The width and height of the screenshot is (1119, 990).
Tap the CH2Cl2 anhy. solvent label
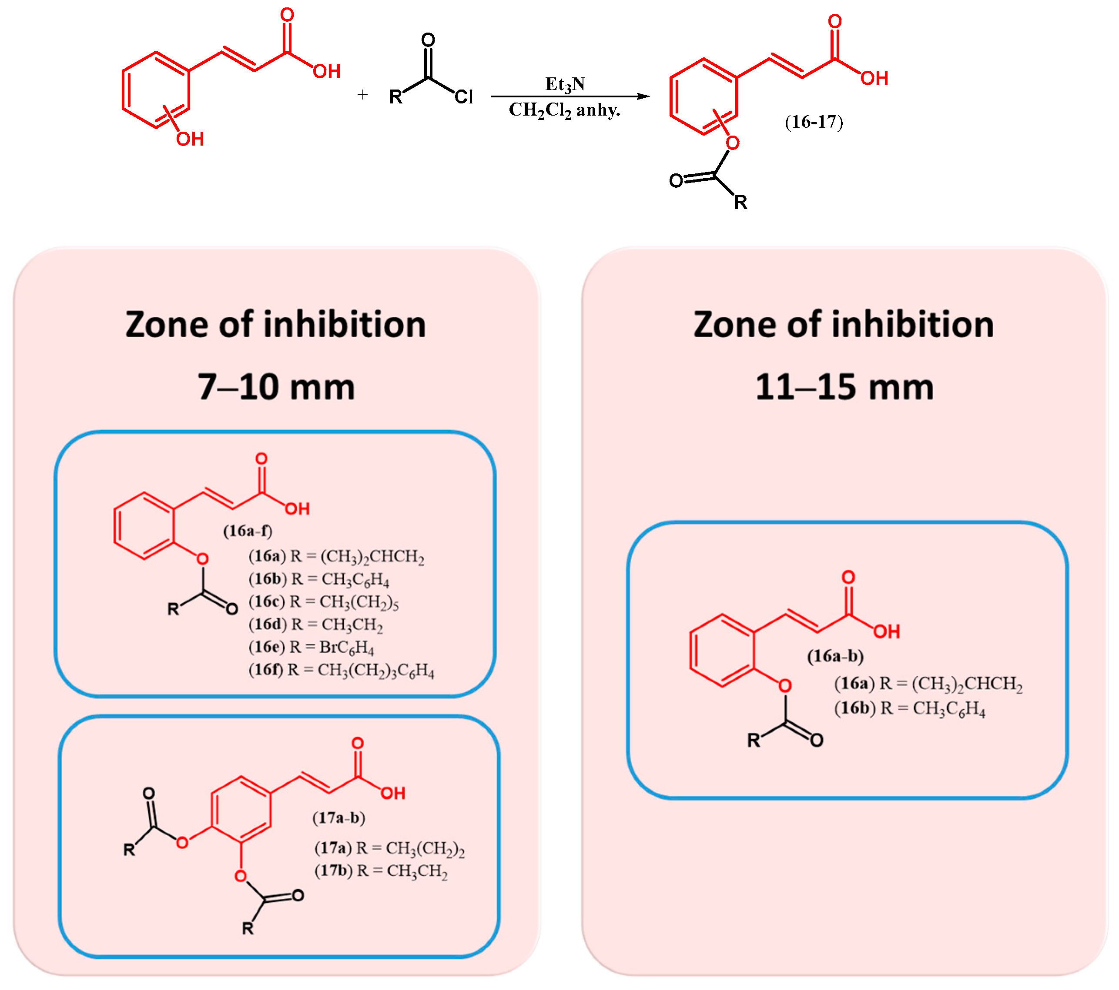[x=564, y=110]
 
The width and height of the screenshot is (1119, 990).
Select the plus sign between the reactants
[x=362, y=95]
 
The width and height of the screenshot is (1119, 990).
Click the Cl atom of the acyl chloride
[x=464, y=97]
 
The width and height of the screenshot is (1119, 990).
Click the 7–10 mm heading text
[x=276, y=387]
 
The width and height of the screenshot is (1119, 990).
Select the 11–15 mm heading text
[x=844, y=387]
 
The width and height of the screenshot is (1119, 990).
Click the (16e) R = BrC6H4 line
[x=311, y=648]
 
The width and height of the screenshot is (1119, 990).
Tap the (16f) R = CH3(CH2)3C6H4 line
[x=341, y=671]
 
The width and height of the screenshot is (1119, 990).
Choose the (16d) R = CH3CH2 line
[x=315, y=625]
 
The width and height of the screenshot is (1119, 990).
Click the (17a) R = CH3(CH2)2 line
[x=389, y=848]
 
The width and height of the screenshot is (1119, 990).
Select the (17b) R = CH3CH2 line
[x=381, y=871]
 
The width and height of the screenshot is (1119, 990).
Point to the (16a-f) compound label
[x=248, y=531]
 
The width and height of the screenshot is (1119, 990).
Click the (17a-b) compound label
[x=339, y=818]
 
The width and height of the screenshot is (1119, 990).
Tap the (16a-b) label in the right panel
[x=835, y=656]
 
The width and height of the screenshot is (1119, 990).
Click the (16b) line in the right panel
[x=909, y=708]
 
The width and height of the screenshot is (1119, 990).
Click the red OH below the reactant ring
[x=190, y=139]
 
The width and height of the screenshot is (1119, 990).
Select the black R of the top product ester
[x=741, y=203]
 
